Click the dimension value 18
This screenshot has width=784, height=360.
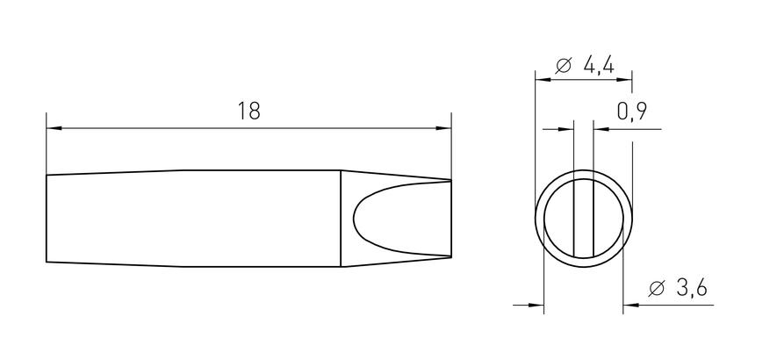(249, 111)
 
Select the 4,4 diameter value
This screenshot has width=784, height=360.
(599, 65)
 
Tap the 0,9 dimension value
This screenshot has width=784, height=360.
(632, 112)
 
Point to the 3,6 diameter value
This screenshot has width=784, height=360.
(692, 288)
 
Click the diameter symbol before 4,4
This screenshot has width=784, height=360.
(564, 66)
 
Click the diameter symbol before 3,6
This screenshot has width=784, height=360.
(657, 289)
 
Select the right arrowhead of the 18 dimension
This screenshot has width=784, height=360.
(443, 128)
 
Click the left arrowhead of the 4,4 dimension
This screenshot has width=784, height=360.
(543, 80)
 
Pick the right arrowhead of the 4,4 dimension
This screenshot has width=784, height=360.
(624, 80)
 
